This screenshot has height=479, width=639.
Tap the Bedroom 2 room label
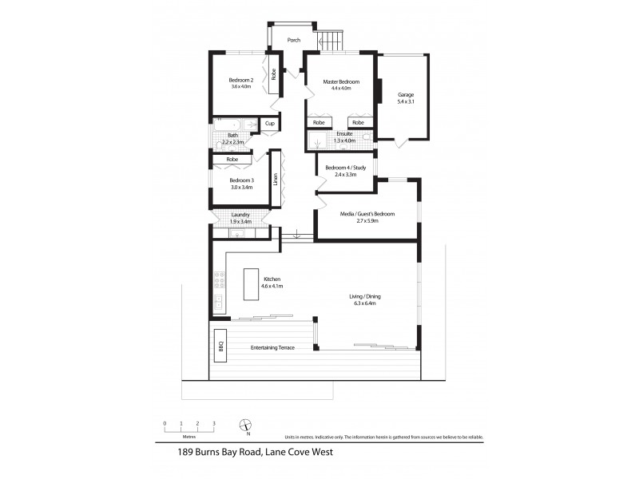pyautogui.click(x=240, y=80)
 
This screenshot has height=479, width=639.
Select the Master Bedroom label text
pyautogui.click(x=341, y=82)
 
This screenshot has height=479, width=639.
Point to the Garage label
pyautogui.click(x=406, y=95)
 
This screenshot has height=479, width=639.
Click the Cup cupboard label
pyautogui.click(x=269, y=124)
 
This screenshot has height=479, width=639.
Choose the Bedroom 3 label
pyautogui.click(x=240, y=180)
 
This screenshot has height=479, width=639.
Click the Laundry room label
pyautogui.click(x=240, y=215)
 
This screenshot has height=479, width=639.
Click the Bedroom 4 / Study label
pyautogui.click(x=345, y=168)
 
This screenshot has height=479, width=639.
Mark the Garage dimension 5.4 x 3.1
pyautogui.click(x=406, y=103)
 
